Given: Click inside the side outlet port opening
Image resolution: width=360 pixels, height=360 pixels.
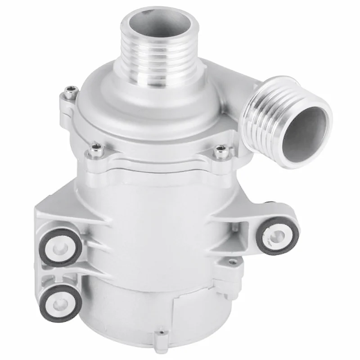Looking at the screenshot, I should point(306,130).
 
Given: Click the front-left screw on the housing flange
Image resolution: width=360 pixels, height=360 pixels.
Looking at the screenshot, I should point(95,149).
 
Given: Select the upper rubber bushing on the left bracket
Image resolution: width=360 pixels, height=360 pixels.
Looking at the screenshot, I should point(60,247).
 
